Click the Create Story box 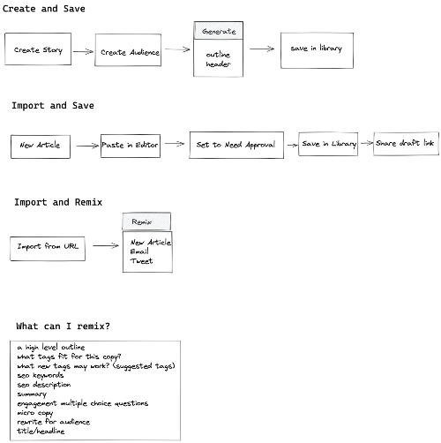[x=38, y=49]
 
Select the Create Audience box [x=128, y=49]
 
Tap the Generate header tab [x=219, y=30]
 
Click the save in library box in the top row [x=317, y=50]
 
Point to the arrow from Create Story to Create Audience [x=83, y=52]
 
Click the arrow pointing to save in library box [x=262, y=49]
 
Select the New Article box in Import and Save [x=41, y=146]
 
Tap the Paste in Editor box [x=131, y=146]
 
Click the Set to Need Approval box [x=236, y=145]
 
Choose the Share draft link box [x=406, y=144]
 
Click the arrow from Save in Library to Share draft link [x=367, y=143]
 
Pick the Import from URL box [x=48, y=249]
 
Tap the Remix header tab [x=146, y=221]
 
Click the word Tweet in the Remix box [x=142, y=261]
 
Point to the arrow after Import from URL [x=106, y=245]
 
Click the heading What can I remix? [x=63, y=326]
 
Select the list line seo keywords [x=41, y=375]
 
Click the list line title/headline [x=41, y=431]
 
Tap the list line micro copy [x=35, y=413]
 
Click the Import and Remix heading [x=58, y=202]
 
